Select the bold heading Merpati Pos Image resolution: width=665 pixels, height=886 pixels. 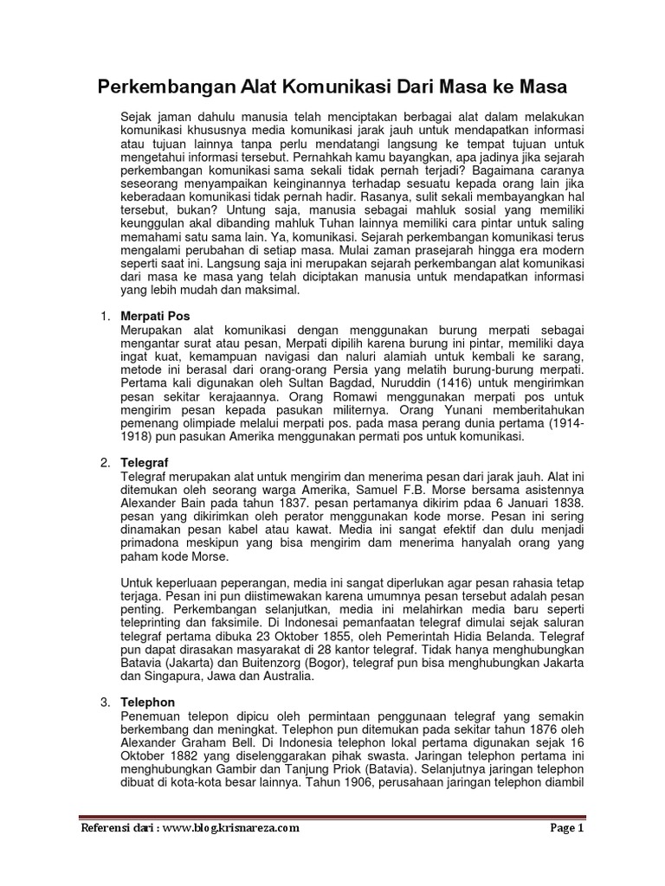pos(155,317)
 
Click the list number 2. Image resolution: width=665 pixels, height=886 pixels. pos(101,463)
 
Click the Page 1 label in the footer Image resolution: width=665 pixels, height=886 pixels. pos(568,827)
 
